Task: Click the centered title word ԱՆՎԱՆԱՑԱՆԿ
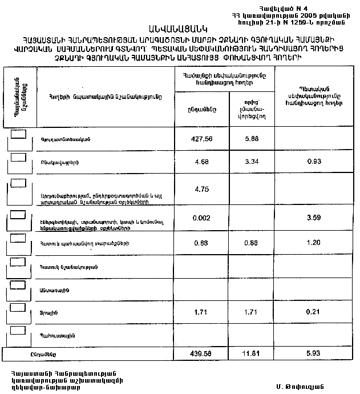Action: tap(179, 27)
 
